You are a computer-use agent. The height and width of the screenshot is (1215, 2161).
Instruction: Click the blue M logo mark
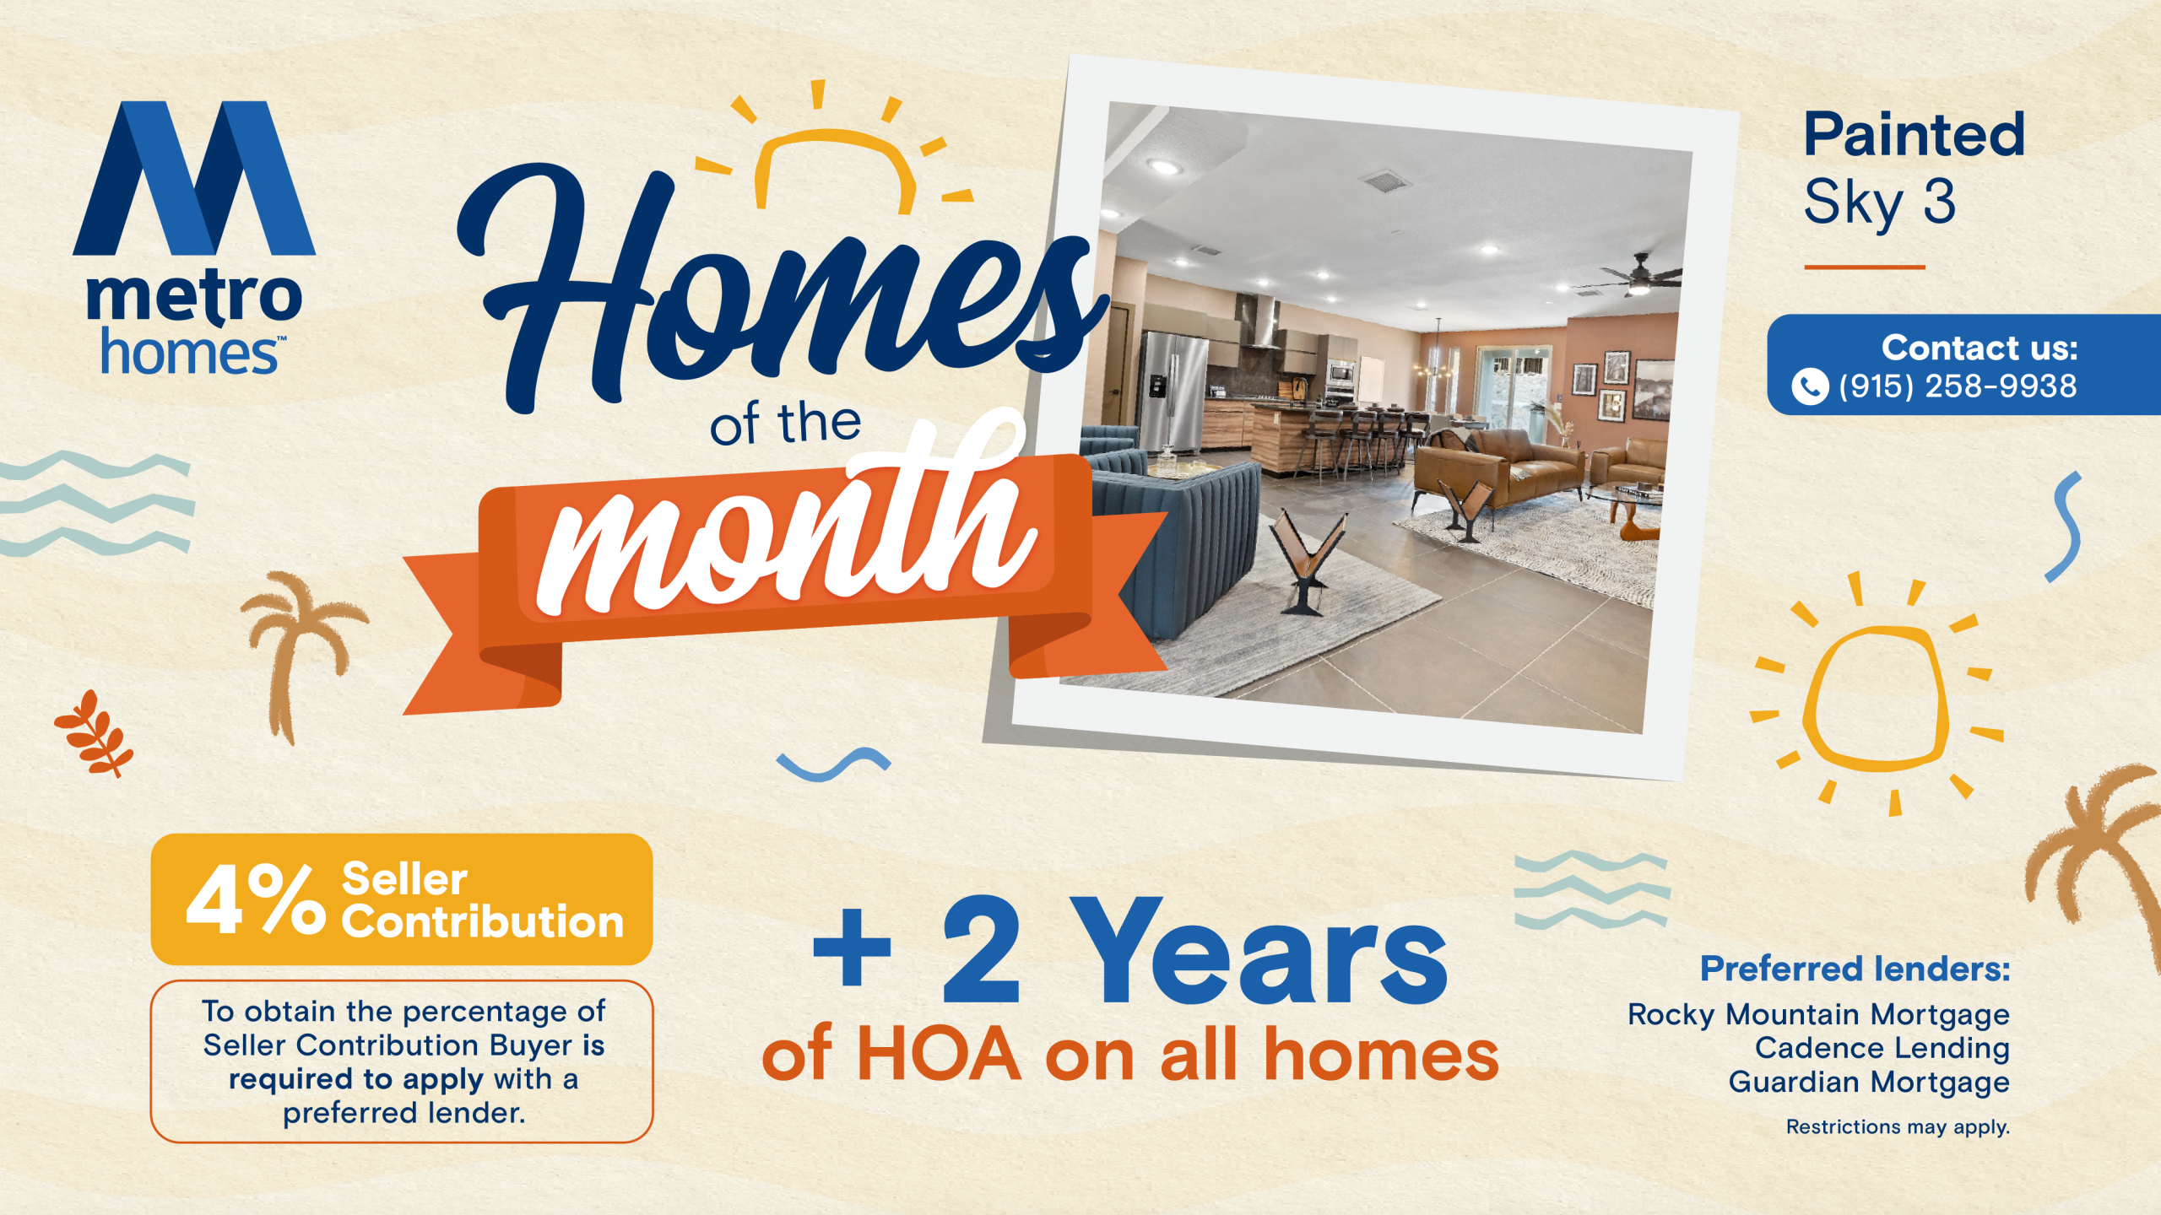(194, 178)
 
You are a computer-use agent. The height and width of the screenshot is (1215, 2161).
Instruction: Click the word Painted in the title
(1915, 135)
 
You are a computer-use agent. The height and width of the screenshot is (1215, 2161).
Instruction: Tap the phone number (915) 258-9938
(1958, 386)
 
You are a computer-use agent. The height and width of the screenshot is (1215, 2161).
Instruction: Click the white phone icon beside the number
(1810, 387)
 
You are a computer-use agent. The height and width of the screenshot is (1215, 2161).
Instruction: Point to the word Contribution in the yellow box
(482, 921)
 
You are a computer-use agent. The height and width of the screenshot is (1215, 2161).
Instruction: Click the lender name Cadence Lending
(1882, 1048)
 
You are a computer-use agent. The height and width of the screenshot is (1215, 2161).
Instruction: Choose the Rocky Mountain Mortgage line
(1818, 1014)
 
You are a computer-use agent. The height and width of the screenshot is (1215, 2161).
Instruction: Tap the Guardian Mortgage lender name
(1869, 1082)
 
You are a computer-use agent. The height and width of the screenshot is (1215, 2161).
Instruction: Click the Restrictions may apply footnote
(1898, 1127)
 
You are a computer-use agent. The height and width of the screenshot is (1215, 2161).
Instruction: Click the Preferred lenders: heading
(1855, 969)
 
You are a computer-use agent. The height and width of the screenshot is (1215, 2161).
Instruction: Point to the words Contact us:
(1980, 348)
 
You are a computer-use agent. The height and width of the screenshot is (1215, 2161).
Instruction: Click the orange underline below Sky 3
(1865, 267)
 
